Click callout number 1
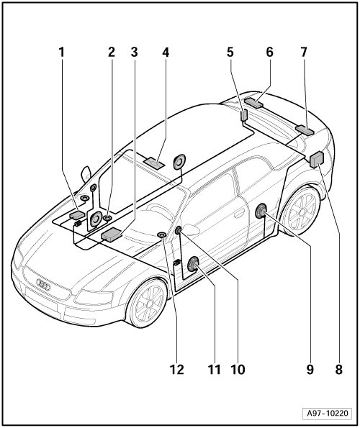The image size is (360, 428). point(62,52)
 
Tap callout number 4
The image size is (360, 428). point(166,52)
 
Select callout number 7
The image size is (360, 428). point(304,52)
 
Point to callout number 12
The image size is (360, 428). point(176,370)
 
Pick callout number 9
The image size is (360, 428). point(310,370)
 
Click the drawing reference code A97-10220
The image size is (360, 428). point(328,413)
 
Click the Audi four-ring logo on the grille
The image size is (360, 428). point(43,285)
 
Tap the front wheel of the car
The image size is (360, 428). point(148,303)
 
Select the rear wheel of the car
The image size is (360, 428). point(302,210)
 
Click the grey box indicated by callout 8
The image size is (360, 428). point(317,160)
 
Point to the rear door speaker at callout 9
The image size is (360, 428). point(261,211)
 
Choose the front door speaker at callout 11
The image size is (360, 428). point(193,264)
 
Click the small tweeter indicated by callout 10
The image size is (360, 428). point(179,230)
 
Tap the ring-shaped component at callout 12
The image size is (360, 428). point(162,235)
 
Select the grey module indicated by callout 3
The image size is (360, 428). point(111,235)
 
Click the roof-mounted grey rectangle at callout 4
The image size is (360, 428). point(154,163)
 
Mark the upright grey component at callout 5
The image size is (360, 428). point(244,115)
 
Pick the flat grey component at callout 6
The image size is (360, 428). point(253,102)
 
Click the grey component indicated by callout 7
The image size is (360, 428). point(305,129)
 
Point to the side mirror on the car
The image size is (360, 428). point(86,173)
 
